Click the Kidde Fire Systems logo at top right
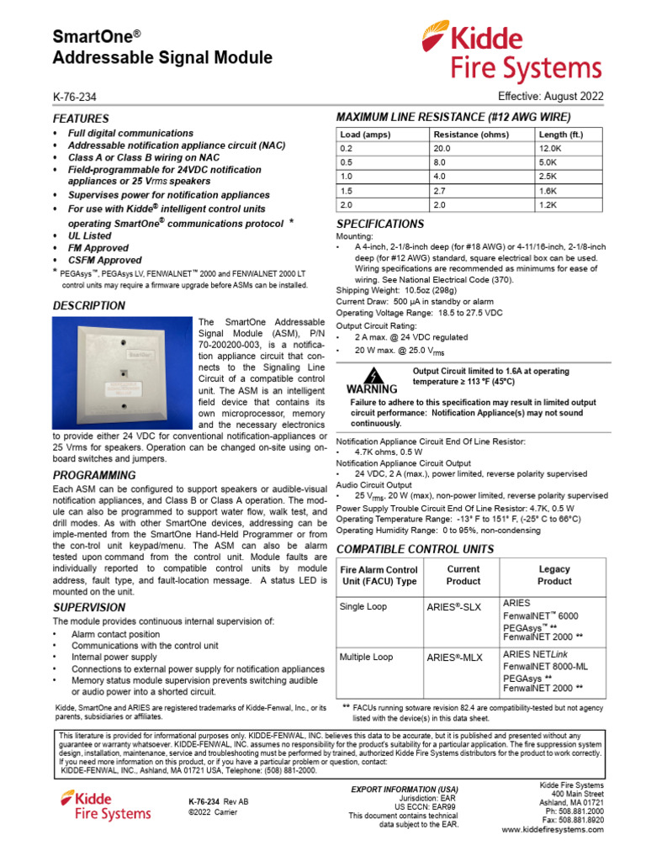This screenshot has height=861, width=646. tap(511, 51)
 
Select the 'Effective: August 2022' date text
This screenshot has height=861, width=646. tap(550, 97)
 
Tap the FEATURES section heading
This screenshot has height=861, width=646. tap(81, 119)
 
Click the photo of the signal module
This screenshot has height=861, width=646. tap(123, 375)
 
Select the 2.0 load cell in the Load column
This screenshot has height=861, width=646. tap(347, 205)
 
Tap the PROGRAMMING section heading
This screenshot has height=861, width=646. tap(94, 475)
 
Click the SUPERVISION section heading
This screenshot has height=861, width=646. tap(89, 607)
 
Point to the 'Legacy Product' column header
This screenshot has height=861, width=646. tap(554, 575)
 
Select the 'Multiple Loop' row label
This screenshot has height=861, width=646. tap(366, 657)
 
